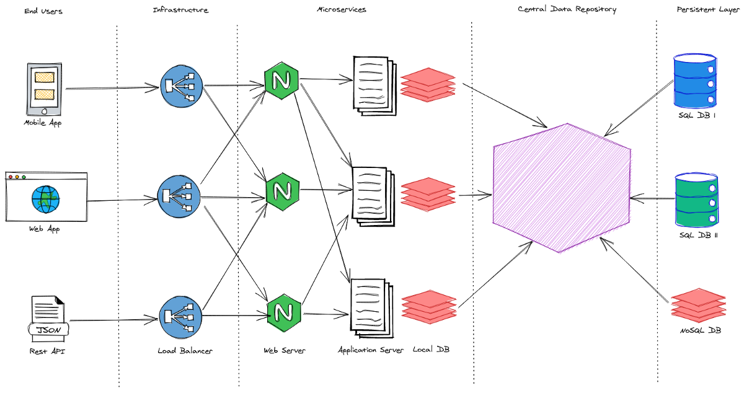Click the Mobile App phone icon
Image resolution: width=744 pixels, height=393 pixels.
(45, 89)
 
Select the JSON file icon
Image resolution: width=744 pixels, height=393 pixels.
(48, 319)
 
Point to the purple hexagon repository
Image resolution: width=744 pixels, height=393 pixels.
(561, 188)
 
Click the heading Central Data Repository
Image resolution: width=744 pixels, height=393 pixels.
(567, 9)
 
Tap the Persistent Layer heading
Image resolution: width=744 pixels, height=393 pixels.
(707, 9)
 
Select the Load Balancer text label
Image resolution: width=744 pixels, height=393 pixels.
(185, 351)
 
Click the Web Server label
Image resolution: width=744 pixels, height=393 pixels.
(284, 351)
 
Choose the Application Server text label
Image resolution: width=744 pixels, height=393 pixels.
(371, 351)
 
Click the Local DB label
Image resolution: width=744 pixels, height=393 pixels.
(431, 350)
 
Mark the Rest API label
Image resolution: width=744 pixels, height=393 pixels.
(47, 351)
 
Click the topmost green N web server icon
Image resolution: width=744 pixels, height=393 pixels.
(281, 80)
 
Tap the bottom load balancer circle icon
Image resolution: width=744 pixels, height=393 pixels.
(181, 317)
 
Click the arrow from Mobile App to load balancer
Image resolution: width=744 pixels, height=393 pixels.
(112, 89)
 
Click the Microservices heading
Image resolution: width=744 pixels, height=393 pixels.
(341, 9)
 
